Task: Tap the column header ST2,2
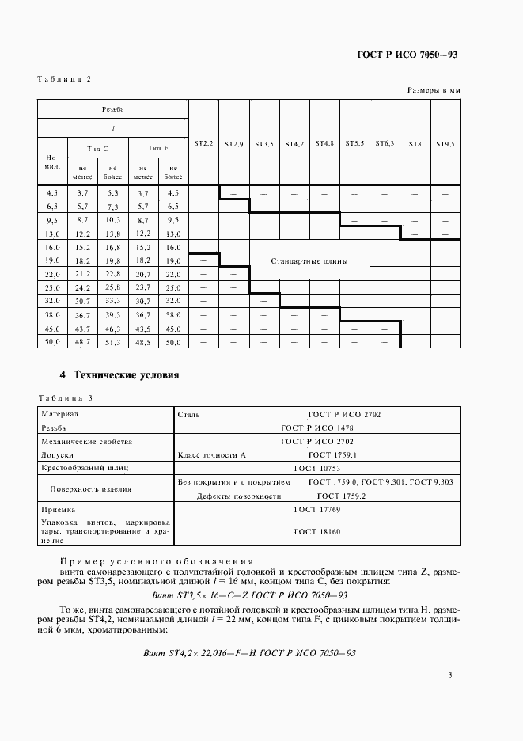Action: pos(203,143)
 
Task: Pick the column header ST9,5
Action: pos(445,144)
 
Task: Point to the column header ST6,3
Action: pos(385,143)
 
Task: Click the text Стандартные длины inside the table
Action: pos(309,260)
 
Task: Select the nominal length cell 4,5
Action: pos(53,192)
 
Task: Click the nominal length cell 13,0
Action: pos(53,234)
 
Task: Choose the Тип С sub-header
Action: pos(97,149)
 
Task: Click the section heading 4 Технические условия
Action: pos(120,374)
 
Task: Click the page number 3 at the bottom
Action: pos(449,675)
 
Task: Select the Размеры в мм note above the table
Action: pos(434,91)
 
